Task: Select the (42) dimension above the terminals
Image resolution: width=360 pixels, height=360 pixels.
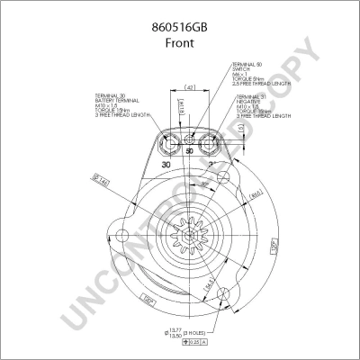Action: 190,88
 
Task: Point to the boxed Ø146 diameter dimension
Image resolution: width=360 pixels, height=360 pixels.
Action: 101,184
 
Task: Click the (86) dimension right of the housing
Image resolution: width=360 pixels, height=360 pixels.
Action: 256,194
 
